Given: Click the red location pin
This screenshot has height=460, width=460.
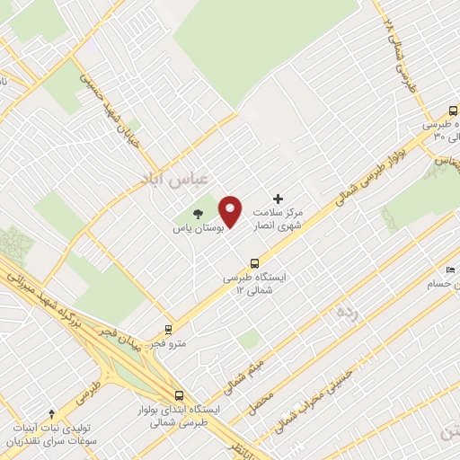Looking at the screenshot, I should pyautogui.click(x=231, y=212).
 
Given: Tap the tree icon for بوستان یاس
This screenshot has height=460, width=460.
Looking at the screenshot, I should pyautogui.click(x=198, y=214).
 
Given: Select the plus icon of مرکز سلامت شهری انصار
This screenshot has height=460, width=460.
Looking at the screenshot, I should pyautogui.click(x=278, y=199).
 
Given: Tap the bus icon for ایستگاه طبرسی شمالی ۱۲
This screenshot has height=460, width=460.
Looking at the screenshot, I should pyautogui.click(x=255, y=263).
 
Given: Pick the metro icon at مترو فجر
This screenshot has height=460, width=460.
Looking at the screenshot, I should pyautogui.click(x=167, y=330).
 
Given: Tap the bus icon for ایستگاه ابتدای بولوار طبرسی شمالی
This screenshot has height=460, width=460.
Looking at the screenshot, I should pyautogui.click(x=179, y=394).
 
